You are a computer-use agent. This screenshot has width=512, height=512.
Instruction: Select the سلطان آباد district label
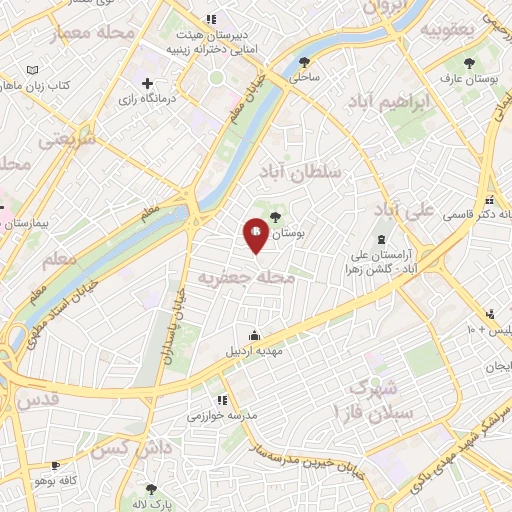(300, 173)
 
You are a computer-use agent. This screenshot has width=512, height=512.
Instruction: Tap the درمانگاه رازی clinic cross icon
(147, 83)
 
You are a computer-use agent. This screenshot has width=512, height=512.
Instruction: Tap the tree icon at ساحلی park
(304, 62)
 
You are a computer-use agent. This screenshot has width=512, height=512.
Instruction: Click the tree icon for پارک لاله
(151, 489)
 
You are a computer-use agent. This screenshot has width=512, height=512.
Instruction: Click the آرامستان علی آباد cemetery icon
(380, 238)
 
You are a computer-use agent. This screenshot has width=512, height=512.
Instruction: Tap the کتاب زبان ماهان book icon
(34, 70)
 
